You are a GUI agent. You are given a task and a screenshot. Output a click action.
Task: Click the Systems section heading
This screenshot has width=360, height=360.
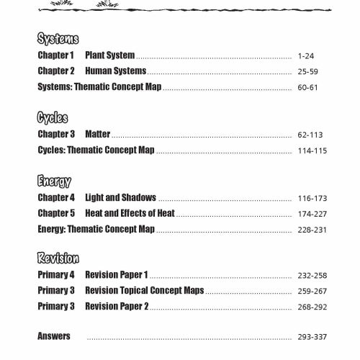click(x=58, y=39)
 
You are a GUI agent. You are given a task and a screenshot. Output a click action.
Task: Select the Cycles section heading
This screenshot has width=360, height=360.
click(x=52, y=119)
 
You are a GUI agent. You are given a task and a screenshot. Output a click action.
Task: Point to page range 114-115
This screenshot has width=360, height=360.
click(x=306, y=150)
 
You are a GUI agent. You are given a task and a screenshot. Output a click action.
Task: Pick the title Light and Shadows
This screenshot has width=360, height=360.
click(x=120, y=197)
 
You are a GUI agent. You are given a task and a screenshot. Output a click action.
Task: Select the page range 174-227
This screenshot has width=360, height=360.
click(x=306, y=214)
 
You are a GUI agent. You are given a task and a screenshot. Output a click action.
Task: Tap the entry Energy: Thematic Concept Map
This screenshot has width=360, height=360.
click(x=96, y=229)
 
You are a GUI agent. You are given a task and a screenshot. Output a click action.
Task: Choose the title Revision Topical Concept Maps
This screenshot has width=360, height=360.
click(x=144, y=290)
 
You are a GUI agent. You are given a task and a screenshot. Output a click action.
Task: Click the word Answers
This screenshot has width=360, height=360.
click(x=54, y=336)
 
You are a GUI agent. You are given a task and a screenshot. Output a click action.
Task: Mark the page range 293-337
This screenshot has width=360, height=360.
click(x=306, y=336)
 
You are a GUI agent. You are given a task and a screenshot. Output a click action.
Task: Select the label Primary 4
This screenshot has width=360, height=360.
click(x=56, y=275)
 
